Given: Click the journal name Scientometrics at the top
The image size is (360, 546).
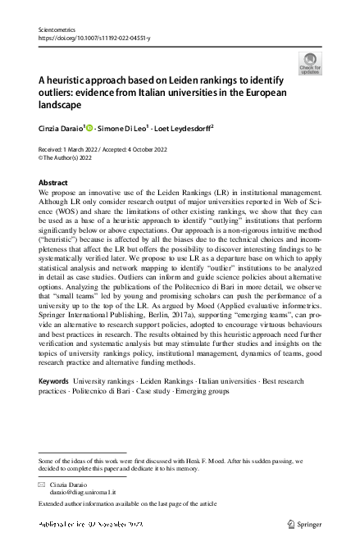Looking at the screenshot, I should tap(56, 29).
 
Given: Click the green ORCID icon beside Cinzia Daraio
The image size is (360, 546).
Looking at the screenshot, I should tap(90, 129).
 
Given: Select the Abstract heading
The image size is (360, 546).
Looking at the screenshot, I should tap(53, 181).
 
